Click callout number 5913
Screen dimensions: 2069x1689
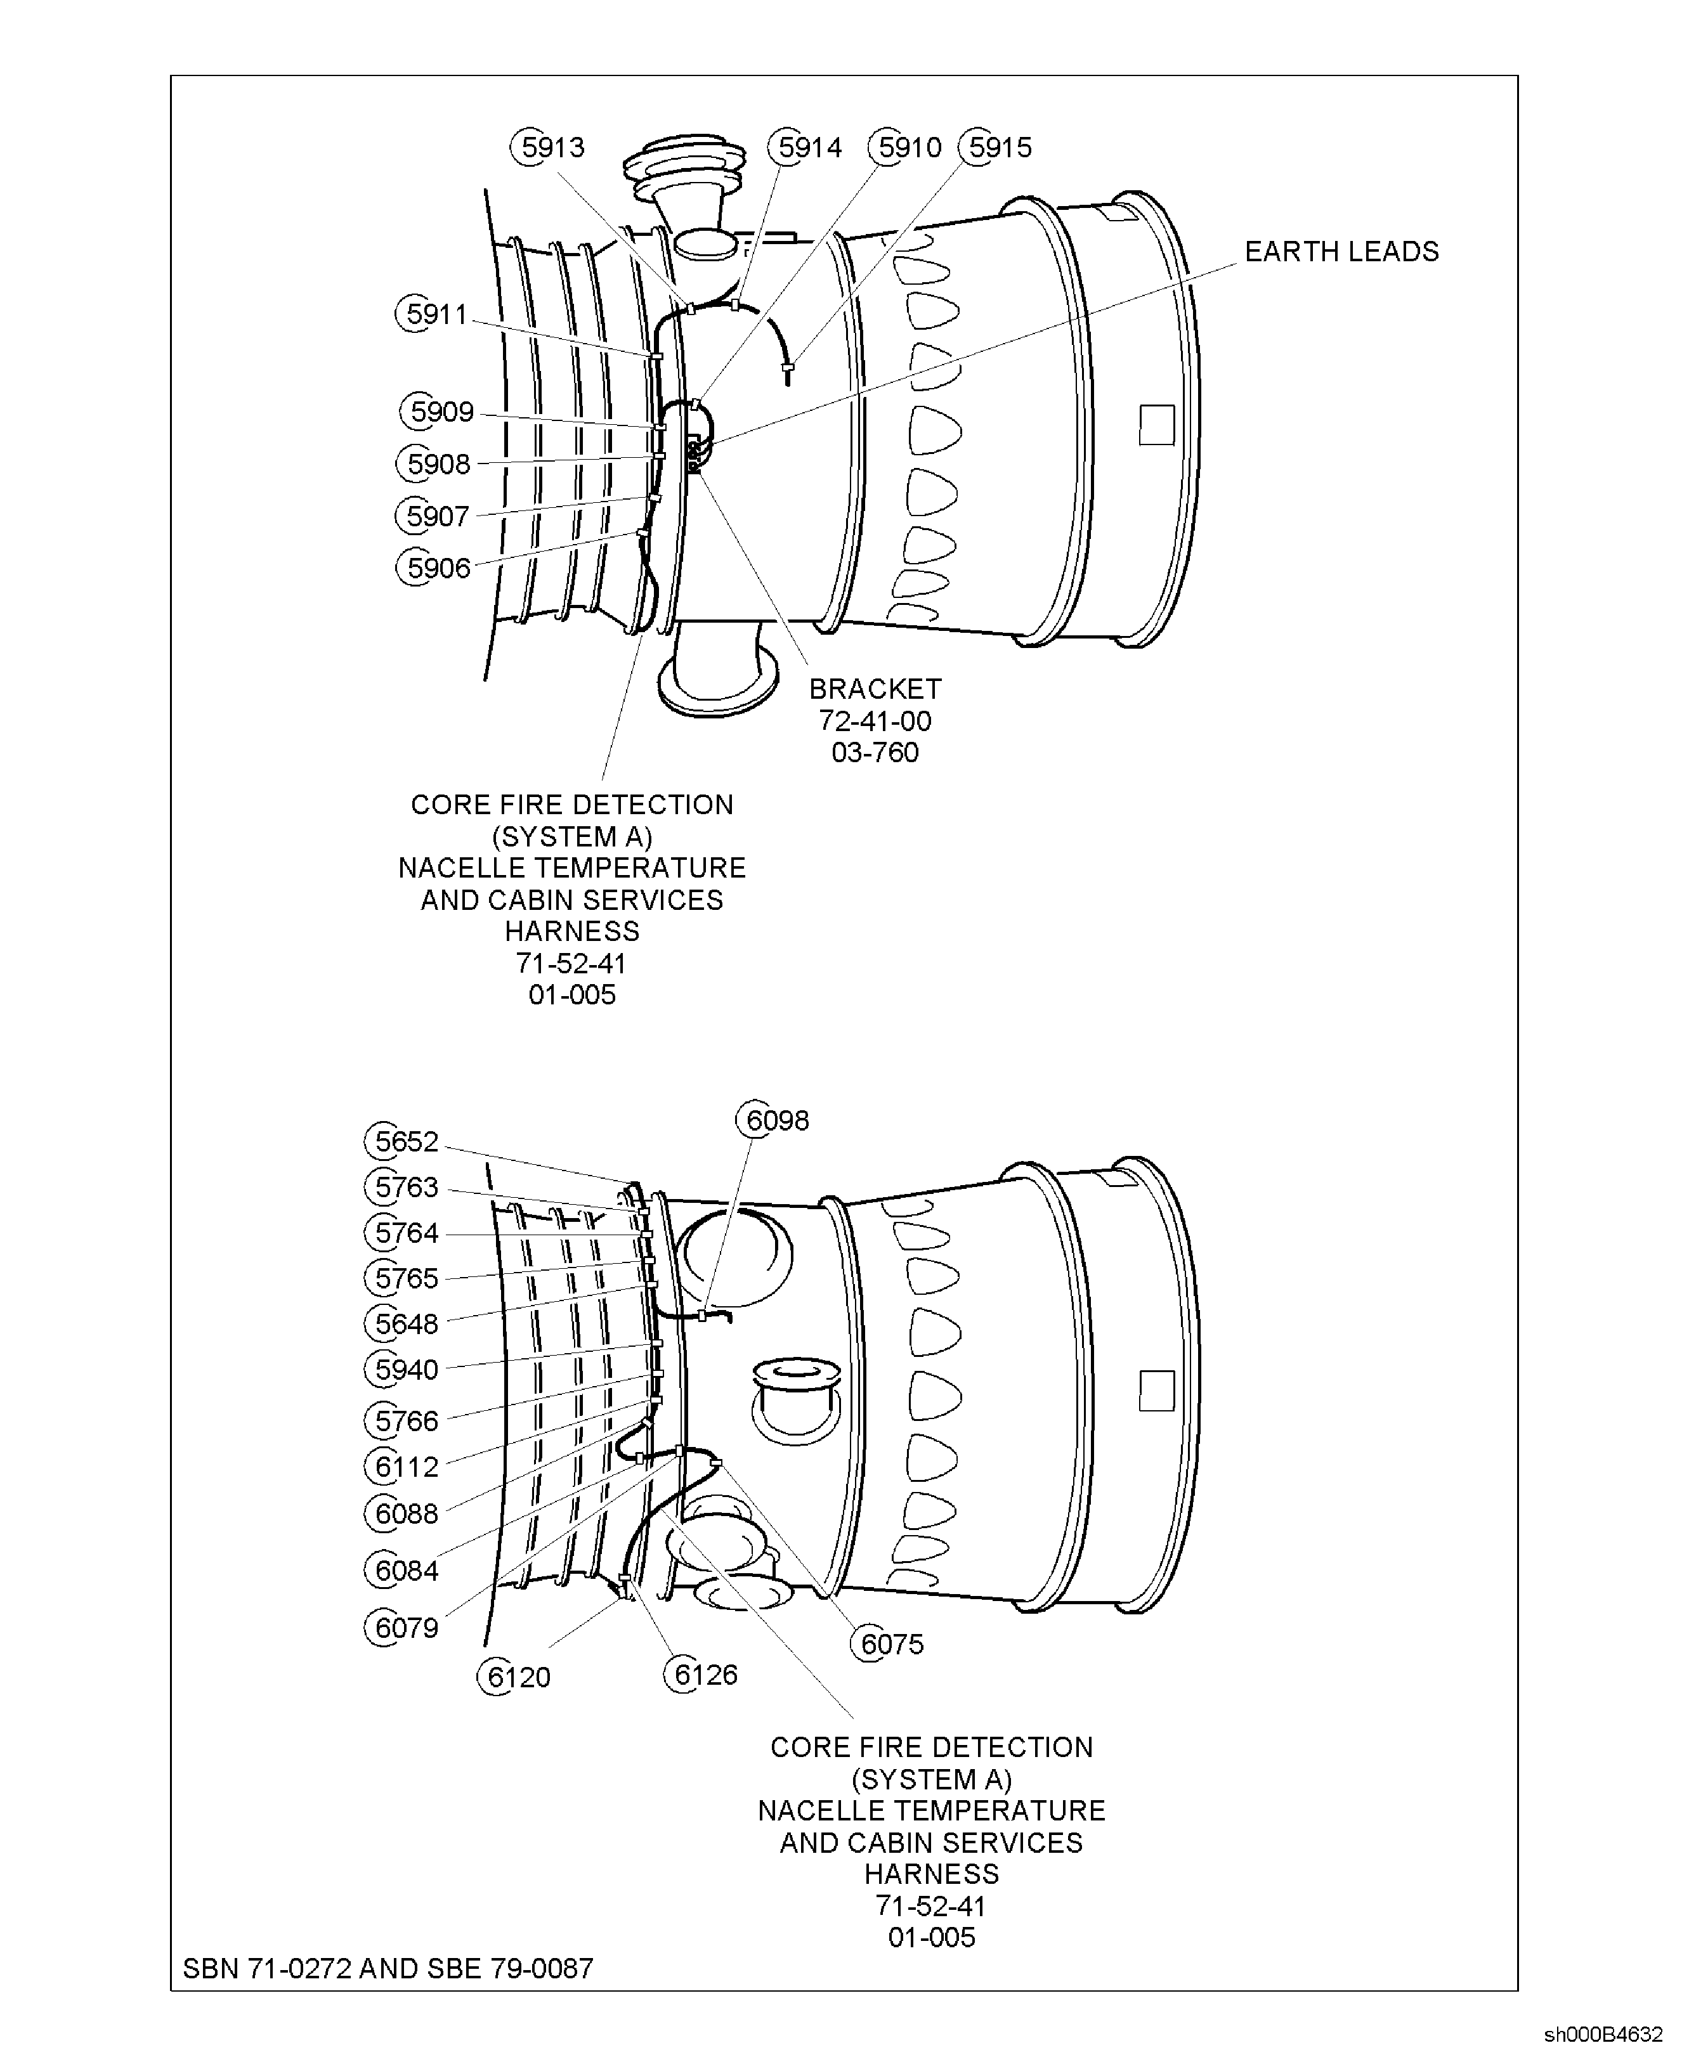coord(551,148)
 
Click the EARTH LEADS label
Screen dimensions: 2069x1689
coord(1341,252)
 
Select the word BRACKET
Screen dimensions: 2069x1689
coord(875,690)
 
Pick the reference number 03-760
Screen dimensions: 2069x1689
coord(875,753)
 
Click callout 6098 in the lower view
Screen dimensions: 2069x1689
coord(776,1120)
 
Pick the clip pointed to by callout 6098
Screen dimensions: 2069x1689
coord(703,1316)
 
